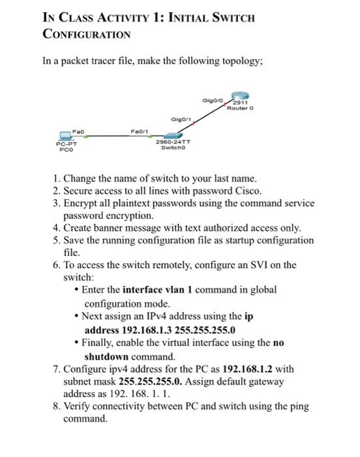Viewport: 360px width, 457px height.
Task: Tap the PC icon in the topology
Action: click(65, 136)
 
